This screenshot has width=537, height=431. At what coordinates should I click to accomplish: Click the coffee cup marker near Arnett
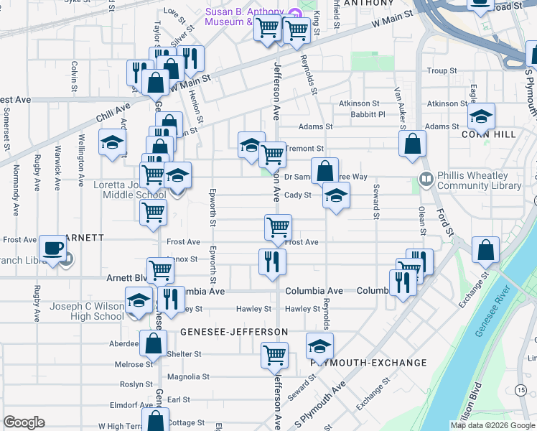pos(53,249)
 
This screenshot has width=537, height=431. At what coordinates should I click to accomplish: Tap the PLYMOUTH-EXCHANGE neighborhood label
pos(369,363)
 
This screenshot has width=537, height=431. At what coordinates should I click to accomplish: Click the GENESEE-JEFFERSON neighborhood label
pos(234,332)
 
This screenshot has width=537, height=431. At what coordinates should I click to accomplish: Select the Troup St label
pos(442,71)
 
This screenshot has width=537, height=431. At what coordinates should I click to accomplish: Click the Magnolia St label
pos(187,376)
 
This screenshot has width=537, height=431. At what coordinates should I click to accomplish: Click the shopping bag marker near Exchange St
pos(486,250)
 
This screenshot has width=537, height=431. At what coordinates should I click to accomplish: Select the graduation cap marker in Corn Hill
pos(482,116)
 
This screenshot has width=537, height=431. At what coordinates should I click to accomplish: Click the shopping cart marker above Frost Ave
pos(278,227)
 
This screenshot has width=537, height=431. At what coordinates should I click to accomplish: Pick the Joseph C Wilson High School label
pos(87,311)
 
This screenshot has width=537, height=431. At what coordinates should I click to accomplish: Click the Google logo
pos(24,422)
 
